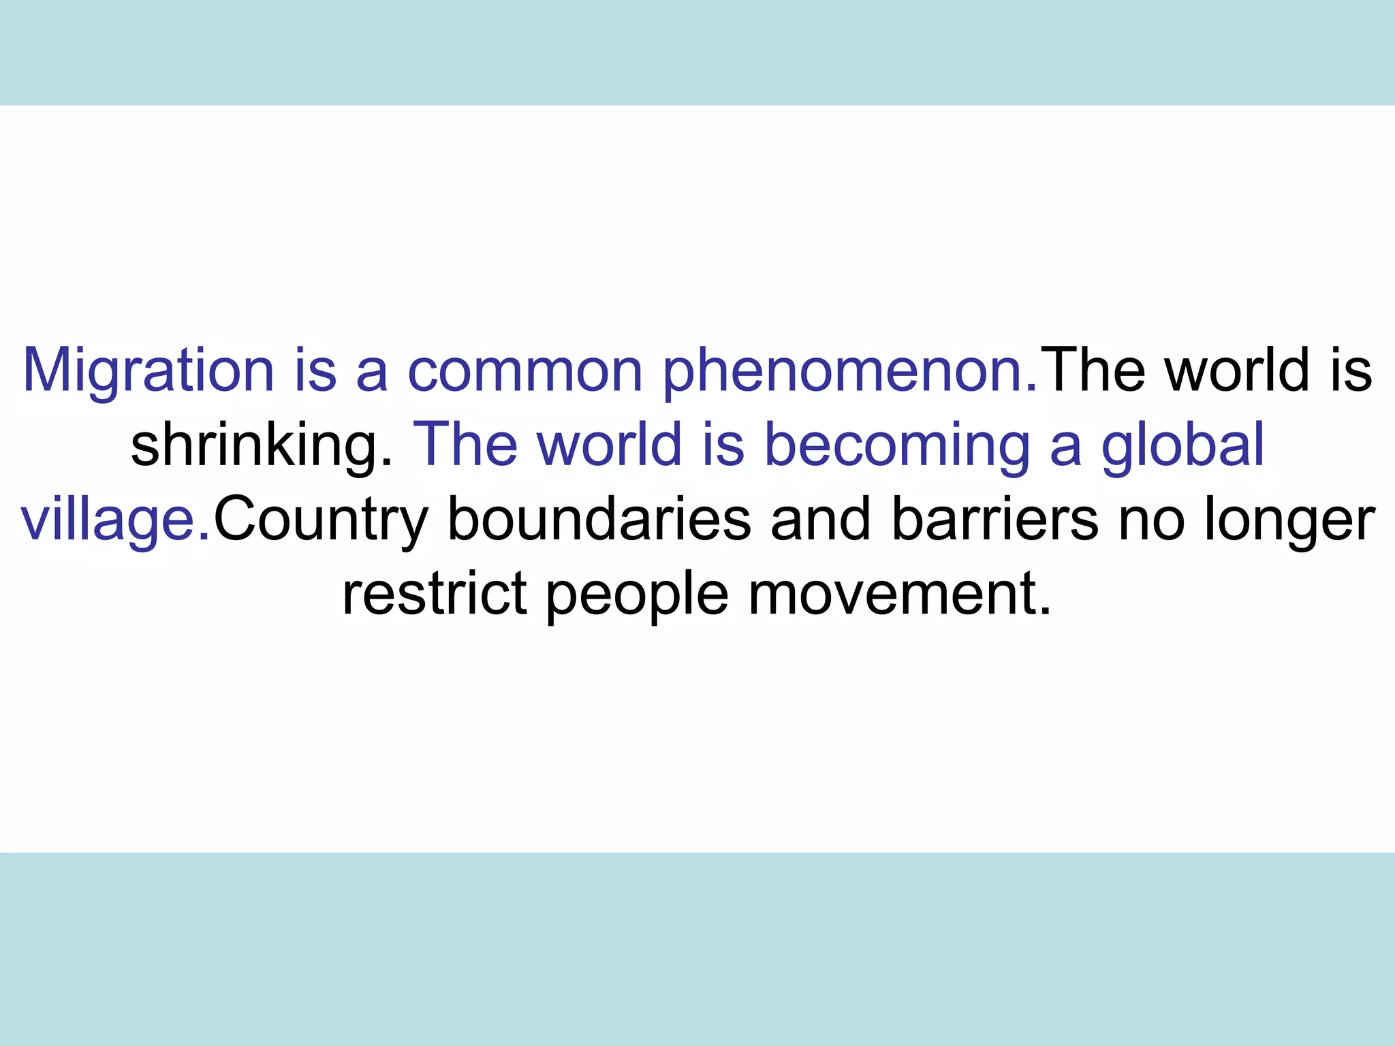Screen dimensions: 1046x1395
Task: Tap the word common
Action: point(525,371)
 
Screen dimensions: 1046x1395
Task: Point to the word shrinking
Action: point(262,447)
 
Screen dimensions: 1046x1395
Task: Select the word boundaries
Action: point(599,520)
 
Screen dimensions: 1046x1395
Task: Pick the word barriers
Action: point(995,520)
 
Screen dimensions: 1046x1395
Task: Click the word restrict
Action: point(435,594)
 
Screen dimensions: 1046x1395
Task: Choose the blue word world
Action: point(610,445)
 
